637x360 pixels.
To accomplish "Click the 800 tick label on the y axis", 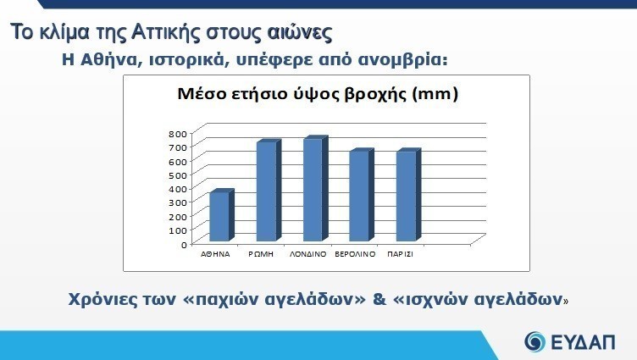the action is point(177,133).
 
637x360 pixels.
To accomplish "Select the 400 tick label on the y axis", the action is point(177,189).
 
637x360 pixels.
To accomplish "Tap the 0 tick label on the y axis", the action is point(184,245).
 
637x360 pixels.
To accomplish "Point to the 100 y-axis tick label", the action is point(177,230).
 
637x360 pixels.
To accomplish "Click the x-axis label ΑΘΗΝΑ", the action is point(215,254).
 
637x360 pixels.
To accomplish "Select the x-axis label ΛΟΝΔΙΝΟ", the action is point(308,254).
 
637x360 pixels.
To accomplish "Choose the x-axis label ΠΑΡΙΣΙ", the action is point(400,254).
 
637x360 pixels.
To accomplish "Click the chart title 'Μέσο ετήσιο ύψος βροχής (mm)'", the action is point(318,94).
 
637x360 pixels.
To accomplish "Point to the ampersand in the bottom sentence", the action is point(379,299).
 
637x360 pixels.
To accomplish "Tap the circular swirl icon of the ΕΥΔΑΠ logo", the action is point(535,341).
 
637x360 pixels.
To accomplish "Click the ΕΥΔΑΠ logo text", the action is point(584,342).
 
